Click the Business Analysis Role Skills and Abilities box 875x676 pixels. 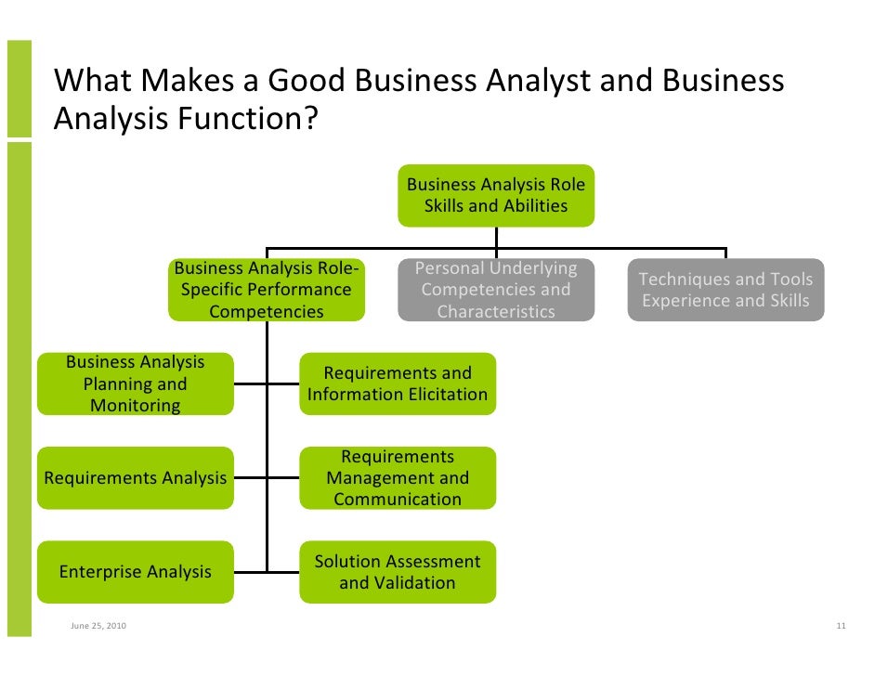pyautogui.click(x=496, y=195)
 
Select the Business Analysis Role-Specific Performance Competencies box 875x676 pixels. pyautogui.click(x=267, y=290)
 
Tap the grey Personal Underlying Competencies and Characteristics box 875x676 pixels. pyautogui.click(x=496, y=290)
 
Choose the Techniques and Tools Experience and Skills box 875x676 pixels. pyautogui.click(x=725, y=290)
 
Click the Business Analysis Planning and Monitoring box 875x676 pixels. pyautogui.click(x=136, y=383)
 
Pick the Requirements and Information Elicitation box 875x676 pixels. pyautogui.click(x=398, y=383)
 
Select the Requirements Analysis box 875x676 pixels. pyautogui.click(x=136, y=478)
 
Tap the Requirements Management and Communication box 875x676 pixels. pyautogui.click(x=398, y=478)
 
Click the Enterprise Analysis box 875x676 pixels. pyautogui.click(x=136, y=572)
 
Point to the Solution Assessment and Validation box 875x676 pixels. pyautogui.click(x=398, y=572)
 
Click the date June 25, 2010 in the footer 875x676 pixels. pyautogui.click(x=99, y=626)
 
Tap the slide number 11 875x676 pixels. pyautogui.click(x=841, y=626)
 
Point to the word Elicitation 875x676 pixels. pyautogui.click(x=440, y=395)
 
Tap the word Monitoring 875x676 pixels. pyautogui.click(x=136, y=406)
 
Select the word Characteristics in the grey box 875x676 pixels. pyautogui.click(x=496, y=312)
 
